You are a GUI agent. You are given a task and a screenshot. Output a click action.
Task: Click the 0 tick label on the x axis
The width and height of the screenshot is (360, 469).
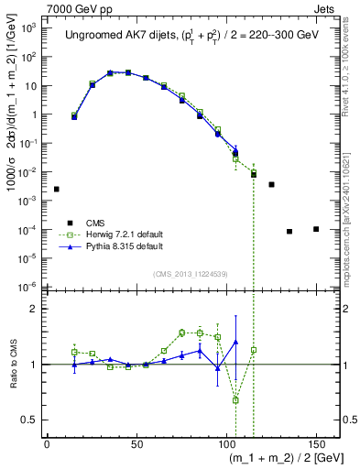[x=47, y=443]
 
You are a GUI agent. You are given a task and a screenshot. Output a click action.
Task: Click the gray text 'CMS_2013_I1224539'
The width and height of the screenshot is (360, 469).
[x=191, y=273]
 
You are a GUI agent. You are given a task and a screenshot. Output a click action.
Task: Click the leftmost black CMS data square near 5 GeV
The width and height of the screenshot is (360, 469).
[x=56, y=189]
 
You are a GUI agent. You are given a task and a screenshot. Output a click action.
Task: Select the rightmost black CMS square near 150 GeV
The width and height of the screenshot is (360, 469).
[x=316, y=229]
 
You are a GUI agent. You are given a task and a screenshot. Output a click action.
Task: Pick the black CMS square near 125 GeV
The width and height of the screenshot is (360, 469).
[x=271, y=184]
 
